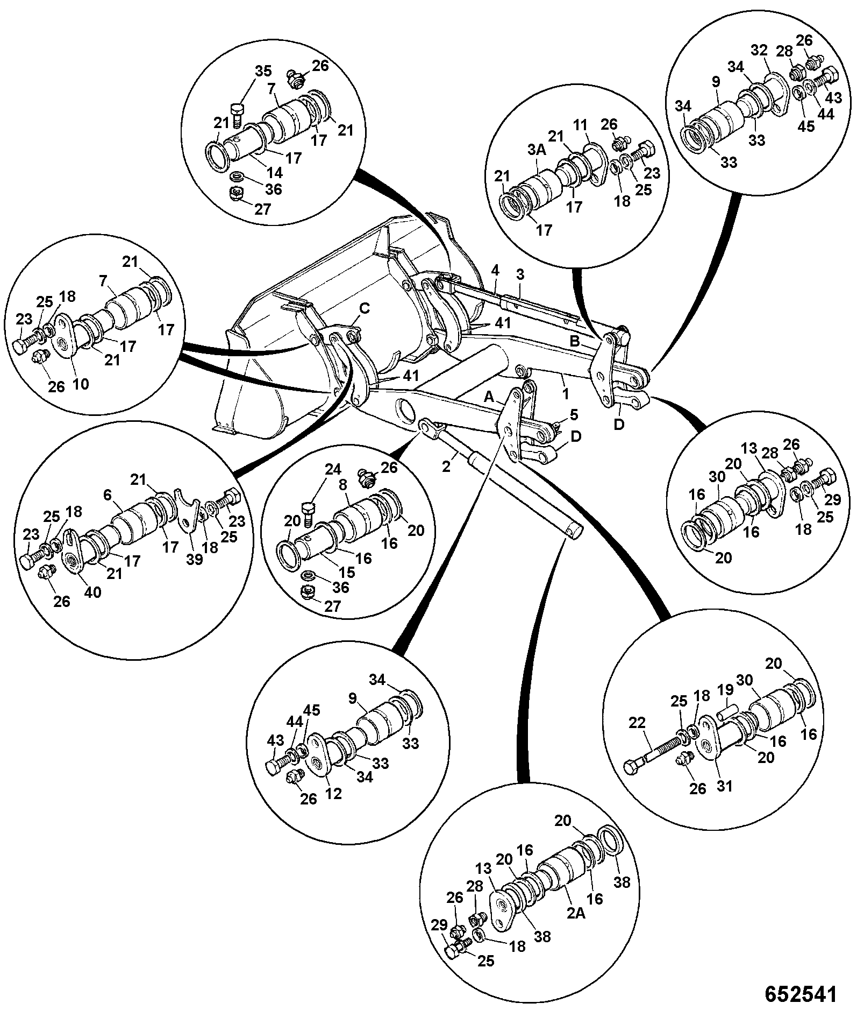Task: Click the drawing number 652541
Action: pyautogui.click(x=801, y=994)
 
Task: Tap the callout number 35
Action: pyautogui.click(x=263, y=72)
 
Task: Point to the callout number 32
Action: pyautogui.click(x=759, y=51)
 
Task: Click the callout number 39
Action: pyautogui.click(x=195, y=559)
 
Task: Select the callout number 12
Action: pyautogui.click(x=334, y=794)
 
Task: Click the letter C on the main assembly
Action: pyautogui.click(x=365, y=309)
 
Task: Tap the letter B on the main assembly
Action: pyautogui.click(x=574, y=341)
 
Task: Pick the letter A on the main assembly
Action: pyautogui.click(x=489, y=397)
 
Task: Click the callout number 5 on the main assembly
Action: pyautogui.click(x=574, y=414)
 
